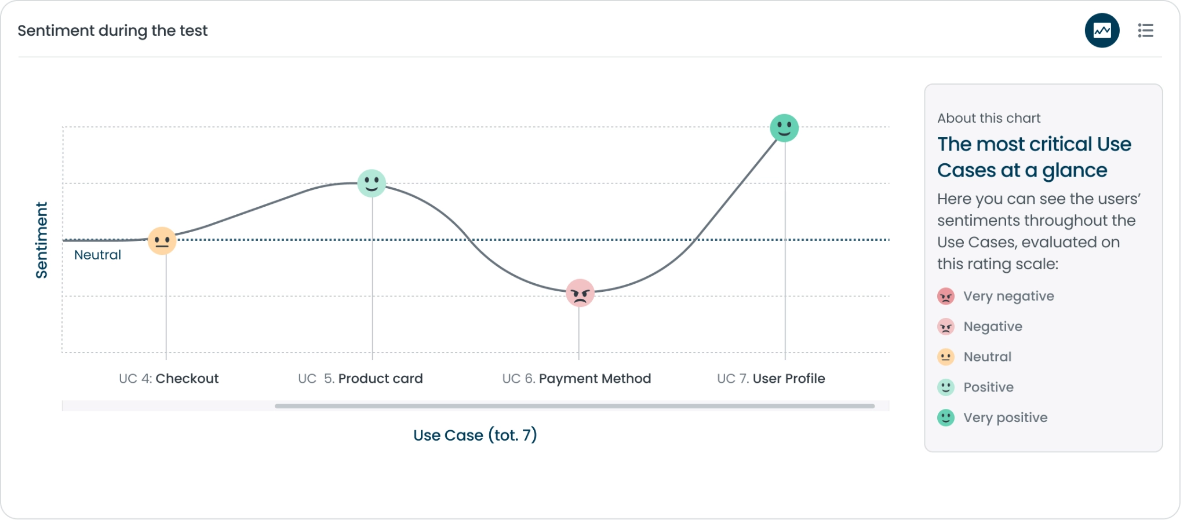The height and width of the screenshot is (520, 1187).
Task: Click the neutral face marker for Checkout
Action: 162,241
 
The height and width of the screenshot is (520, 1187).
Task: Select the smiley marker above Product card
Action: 372,183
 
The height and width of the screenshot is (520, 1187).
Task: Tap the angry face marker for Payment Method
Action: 580,293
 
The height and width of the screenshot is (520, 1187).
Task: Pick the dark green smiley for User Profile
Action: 784,128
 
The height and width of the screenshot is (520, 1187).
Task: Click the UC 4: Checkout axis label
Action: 169,379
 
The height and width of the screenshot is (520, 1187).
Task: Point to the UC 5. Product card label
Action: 361,379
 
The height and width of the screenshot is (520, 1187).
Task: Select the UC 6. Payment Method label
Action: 577,379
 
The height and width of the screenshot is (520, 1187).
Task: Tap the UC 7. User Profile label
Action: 771,379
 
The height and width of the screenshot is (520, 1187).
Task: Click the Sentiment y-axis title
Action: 42,240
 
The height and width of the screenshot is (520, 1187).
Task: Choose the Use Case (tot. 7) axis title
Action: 475,435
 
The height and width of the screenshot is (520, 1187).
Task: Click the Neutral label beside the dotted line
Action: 97,255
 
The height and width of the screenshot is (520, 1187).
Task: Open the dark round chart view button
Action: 1102,30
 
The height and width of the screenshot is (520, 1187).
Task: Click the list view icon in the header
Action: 1145,30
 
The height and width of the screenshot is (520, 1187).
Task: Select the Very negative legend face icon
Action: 946,296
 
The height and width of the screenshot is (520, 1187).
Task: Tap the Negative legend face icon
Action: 946,327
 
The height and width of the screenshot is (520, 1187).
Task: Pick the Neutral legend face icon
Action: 946,357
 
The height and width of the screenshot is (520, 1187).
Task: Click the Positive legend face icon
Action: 946,387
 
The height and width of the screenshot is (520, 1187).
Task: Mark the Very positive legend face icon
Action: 946,418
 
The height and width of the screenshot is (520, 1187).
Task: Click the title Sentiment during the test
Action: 112,31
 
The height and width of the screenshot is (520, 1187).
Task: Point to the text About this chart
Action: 989,118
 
